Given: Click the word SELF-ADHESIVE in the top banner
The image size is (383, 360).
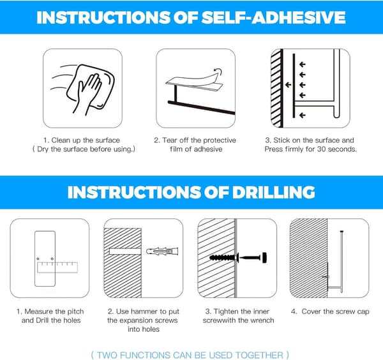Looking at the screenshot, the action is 273,17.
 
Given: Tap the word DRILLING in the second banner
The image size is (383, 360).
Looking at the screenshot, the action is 274,192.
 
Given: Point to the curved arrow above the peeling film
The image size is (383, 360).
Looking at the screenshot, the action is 218,71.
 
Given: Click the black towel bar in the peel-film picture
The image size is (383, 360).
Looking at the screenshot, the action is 201,107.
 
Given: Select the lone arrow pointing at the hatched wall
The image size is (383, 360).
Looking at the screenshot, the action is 289,85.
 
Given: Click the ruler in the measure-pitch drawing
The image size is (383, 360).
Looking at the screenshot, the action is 57,267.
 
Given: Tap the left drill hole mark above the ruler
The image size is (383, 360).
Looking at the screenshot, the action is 38,259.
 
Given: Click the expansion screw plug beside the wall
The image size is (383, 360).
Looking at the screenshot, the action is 162,251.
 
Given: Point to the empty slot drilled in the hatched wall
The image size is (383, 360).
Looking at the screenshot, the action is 125,251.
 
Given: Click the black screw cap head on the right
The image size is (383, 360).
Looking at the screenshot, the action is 264,257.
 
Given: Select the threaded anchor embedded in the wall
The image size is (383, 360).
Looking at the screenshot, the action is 223,257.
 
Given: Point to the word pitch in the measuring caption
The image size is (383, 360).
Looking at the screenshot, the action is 75,312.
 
